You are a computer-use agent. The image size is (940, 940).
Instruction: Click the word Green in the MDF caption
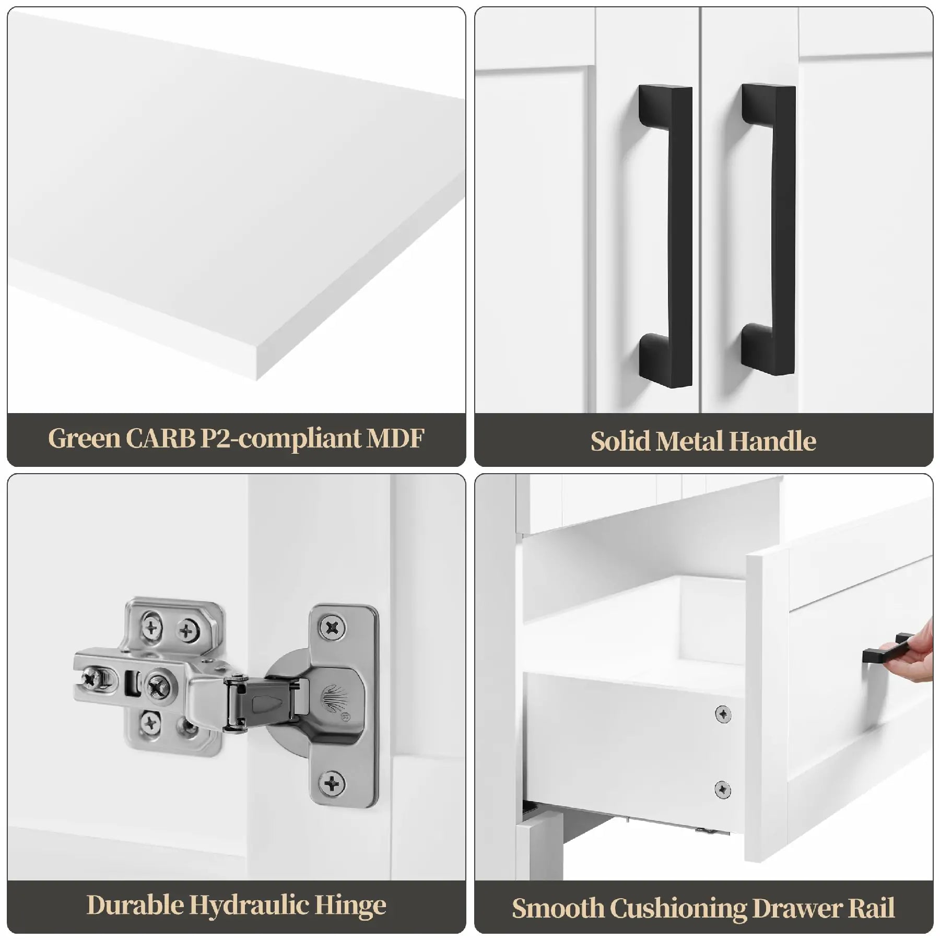point(85,439)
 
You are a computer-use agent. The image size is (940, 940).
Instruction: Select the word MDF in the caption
point(395,439)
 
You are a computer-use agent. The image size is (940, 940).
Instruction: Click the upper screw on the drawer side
point(723,714)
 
